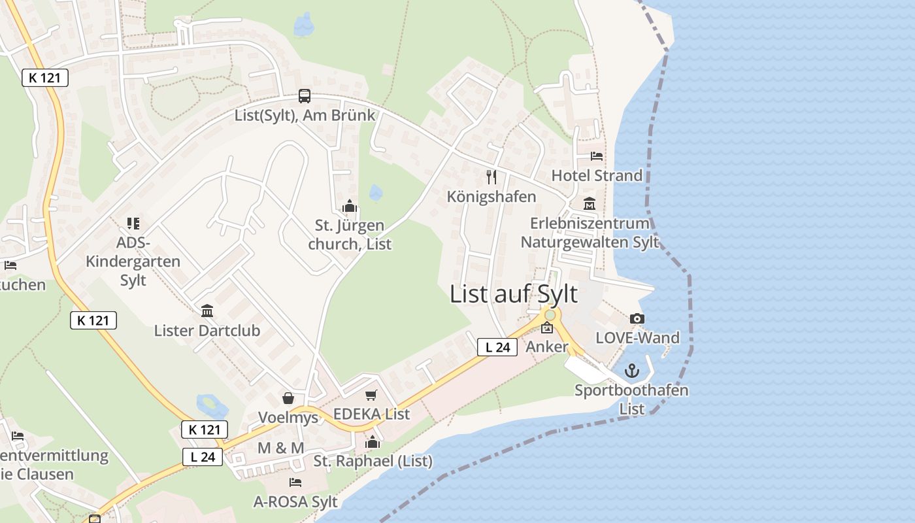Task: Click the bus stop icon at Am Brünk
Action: (x=305, y=96)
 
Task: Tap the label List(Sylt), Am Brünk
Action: (x=305, y=115)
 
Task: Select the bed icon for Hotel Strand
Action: (x=597, y=156)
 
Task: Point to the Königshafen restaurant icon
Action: (x=491, y=177)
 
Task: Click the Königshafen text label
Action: (x=491, y=196)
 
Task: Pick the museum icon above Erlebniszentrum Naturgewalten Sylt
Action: (x=590, y=203)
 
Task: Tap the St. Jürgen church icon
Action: (x=350, y=207)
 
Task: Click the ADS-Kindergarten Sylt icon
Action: (x=133, y=224)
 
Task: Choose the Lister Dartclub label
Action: (x=207, y=330)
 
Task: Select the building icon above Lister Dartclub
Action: (x=207, y=311)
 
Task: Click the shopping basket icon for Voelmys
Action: (x=288, y=397)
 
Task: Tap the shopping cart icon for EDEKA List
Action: (x=371, y=394)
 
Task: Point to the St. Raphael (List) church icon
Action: (x=373, y=442)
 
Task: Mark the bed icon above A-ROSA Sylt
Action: (x=295, y=482)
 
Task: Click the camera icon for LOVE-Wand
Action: (x=637, y=318)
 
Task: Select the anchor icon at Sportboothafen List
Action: (x=632, y=371)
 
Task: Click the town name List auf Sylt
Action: (x=514, y=294)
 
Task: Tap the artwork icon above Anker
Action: (x=547, y=328)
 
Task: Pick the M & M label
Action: (x=281, y=448)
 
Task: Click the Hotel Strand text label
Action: (x=597, y=175)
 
